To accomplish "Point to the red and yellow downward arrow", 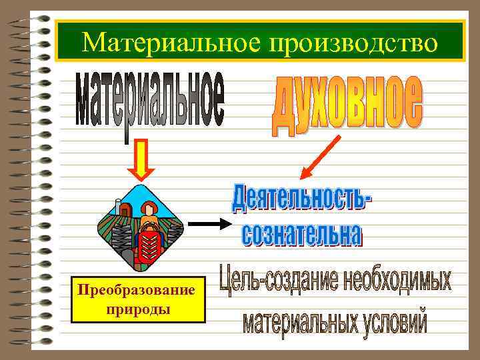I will tap(141, 160).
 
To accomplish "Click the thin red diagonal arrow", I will tap(321, 157).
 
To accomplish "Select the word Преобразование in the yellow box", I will tap(137, 291).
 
